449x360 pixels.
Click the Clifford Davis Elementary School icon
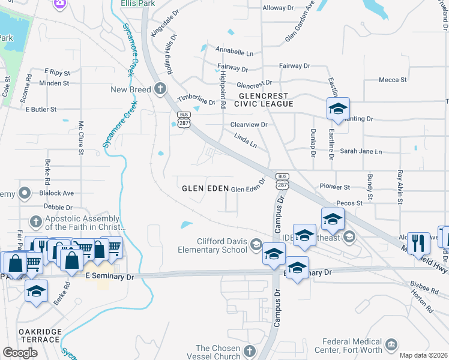[x=256, y=244]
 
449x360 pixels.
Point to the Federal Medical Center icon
[x=391, y=344]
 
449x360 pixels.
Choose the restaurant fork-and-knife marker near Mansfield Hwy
[x=418, y=244]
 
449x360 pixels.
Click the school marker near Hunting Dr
[x=338, y=110]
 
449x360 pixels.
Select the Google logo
[x=20, y=353]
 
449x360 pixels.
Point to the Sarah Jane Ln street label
[x=361, y=152]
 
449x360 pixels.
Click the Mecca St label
[x=393, y=79]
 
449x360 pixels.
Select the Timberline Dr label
[x=196, y=98]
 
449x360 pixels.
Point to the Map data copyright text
[x=423, y=355]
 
